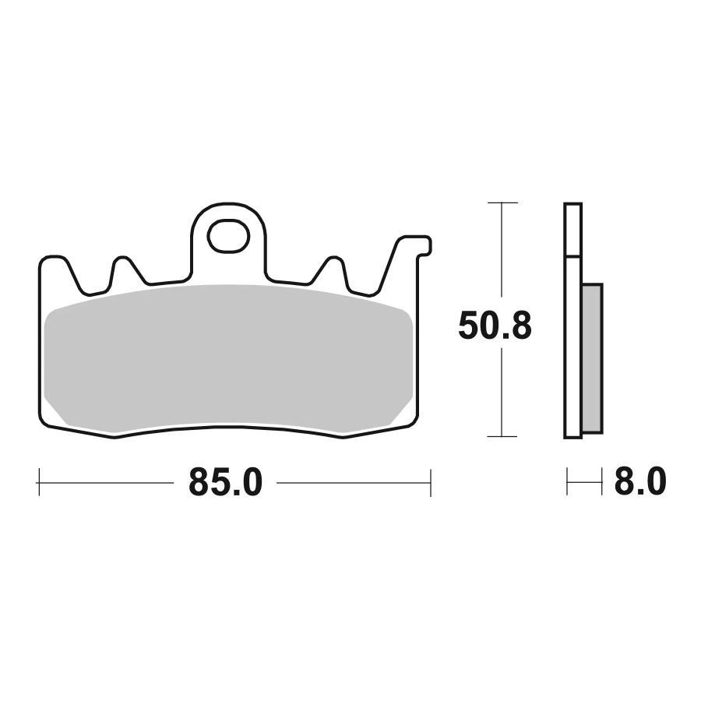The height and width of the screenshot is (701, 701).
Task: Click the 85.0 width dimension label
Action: [225, 483]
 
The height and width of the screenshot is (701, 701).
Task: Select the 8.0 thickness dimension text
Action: [639, 483]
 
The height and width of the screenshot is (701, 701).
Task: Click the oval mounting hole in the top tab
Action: [228, 236]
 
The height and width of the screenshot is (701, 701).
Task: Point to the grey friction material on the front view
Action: [226, 358]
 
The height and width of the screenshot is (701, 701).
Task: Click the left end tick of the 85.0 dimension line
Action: [39, 483]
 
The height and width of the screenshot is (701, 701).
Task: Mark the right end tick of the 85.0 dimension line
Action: [431, 483]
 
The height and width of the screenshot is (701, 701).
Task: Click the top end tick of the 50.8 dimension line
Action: [503, 203]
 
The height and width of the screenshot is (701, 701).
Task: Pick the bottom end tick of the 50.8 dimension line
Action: [503, 437]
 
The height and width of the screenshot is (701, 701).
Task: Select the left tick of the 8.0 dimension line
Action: [567, 483]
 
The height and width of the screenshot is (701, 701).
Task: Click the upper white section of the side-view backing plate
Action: [572, 230]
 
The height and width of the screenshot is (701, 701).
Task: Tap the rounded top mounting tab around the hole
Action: [228, 214]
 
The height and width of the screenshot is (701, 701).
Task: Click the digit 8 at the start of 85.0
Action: [199, 483]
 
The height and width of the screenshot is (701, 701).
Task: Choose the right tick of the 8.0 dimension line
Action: [603, 483]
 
